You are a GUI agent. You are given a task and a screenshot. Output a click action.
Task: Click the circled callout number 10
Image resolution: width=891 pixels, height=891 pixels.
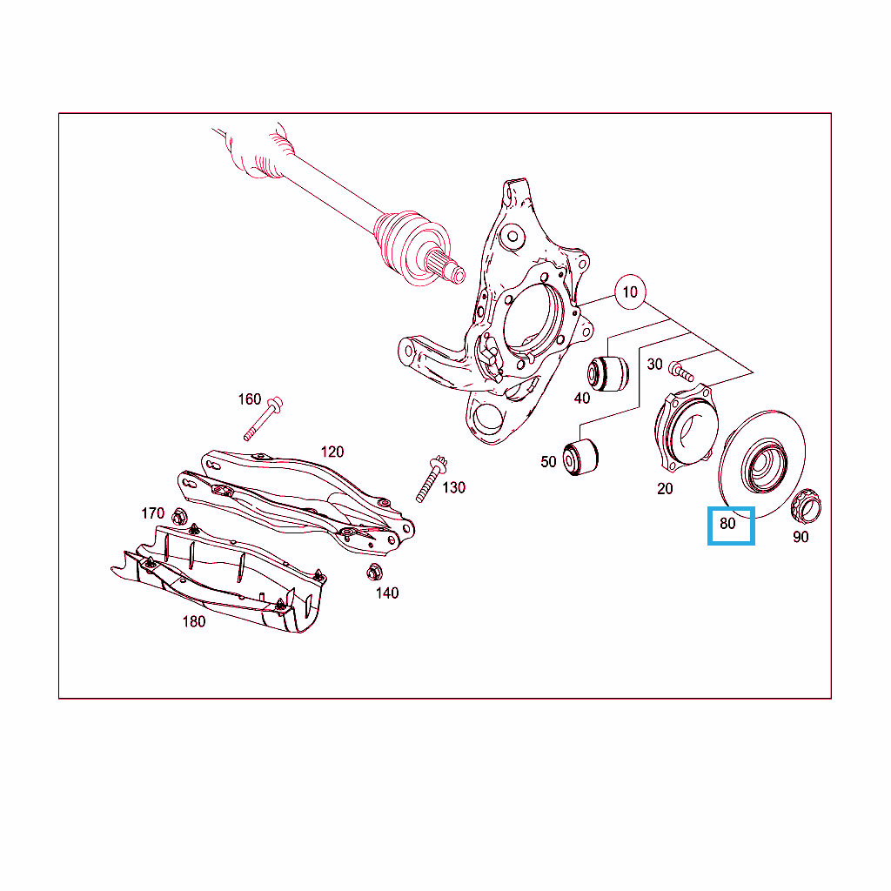pyautogui.click(x=630, y=292)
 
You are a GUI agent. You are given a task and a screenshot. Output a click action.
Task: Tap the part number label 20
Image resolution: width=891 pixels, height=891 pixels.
pyautogui.click(x=665, y=489)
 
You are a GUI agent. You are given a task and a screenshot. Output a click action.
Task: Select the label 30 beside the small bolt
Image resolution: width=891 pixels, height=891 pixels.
pyautogui.click(x=654, y=365)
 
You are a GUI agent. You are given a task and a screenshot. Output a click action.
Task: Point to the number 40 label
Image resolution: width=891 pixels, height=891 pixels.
pyautogui.click(x=582, y=399)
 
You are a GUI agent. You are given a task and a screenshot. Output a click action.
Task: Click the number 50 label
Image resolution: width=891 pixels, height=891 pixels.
pyautogui.click(x=548, y=462)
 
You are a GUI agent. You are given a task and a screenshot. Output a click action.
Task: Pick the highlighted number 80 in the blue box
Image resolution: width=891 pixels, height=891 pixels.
pyautogui.click(x=727, y=523)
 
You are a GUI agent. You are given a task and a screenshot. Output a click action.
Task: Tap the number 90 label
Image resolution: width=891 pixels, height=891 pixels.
pyautogui.click(x=801, y=537)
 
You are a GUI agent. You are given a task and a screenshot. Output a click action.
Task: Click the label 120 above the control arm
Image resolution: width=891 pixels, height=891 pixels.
pyautogui.click(x=332, y=452)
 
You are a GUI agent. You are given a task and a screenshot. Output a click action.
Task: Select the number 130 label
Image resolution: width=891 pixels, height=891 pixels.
pyautogui.click(x=453, y=487)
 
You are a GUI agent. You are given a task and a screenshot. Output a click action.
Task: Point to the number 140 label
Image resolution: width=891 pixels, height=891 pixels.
pyautogui.click(x=387, y=593)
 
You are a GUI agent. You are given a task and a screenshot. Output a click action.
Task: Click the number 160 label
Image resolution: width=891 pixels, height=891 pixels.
pyautogui.click(x=250, y=399)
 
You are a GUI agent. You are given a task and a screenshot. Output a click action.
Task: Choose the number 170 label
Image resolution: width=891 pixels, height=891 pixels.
pyautogui.click(x=152, y=513)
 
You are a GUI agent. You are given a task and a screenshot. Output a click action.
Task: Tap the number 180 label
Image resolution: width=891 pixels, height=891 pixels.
pyautogui.click(x=194, y=621)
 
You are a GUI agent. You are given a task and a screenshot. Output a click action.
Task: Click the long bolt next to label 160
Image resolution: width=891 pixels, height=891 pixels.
pyautogui.click(x=263, y=419)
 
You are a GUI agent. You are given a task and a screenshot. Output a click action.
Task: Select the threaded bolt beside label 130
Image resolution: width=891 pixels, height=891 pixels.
pyautogui.click(x=432, y=479)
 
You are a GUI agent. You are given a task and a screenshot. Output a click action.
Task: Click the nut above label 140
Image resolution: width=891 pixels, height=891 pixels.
pyautogui.click(x=374, y=572)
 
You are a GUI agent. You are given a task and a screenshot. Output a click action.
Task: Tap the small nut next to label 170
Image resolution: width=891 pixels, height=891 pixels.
pyautogui.click(x=179, y=517)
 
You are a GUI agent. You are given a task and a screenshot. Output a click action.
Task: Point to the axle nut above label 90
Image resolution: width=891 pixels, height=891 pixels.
pyautogui.click(x=806, y=506)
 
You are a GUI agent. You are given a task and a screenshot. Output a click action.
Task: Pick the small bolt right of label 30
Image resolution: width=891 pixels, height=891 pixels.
pyautogui.click(x=680, y=371)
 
